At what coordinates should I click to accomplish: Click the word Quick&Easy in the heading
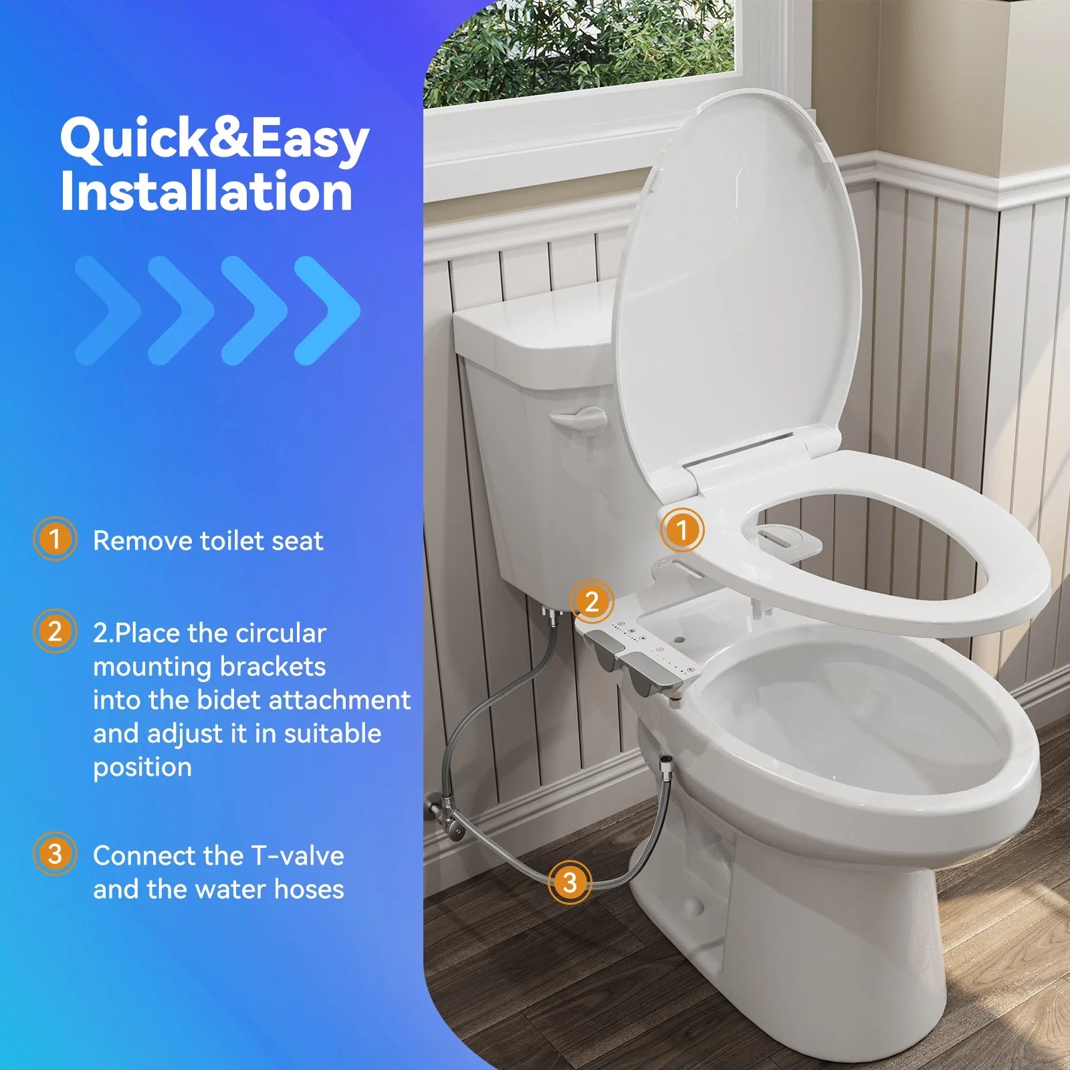214,140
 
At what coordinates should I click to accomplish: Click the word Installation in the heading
206,193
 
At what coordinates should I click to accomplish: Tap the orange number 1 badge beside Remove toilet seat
54,538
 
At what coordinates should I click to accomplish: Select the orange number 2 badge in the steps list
54,631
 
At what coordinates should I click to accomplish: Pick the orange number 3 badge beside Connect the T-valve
54,854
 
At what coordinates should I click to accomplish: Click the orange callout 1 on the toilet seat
681,530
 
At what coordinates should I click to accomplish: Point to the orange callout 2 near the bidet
591,602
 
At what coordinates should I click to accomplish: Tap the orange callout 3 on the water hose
569,882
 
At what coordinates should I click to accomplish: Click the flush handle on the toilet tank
577,421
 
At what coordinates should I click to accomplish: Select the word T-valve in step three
297,856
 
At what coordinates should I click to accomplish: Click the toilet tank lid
535,328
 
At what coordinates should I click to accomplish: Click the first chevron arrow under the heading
107,310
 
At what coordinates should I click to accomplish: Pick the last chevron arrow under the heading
328,310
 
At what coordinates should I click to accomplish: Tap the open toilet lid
736,281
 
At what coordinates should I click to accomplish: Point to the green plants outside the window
575,47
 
